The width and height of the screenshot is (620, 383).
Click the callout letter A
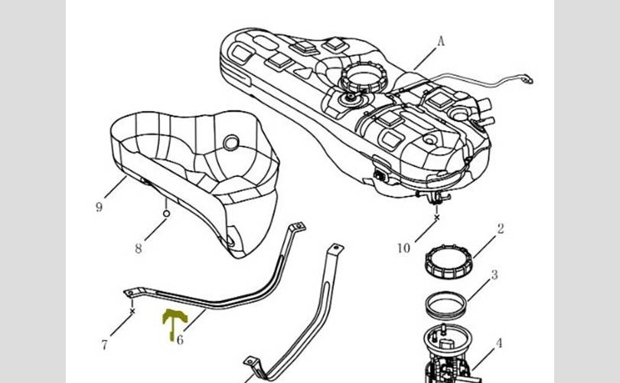tap(441, 43)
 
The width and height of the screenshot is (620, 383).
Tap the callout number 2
tap(500, 228)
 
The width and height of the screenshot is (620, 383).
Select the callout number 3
tap(494, 274)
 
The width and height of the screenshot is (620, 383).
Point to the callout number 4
tap(498, 343)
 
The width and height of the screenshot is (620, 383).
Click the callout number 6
tap(180, 339)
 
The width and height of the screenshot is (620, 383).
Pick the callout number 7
tap(105, 345)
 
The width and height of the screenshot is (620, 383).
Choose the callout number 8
tap(139, 248)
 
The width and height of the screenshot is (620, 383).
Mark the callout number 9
tap(99, 208)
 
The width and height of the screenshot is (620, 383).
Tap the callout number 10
tap(404, 247)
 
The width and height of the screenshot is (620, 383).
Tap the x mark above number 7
tap(132, 312)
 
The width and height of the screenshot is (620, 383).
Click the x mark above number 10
tap(437, 217)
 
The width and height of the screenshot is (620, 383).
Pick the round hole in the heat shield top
tap(230, 142)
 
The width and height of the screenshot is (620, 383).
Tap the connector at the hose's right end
tap(527, 76)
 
